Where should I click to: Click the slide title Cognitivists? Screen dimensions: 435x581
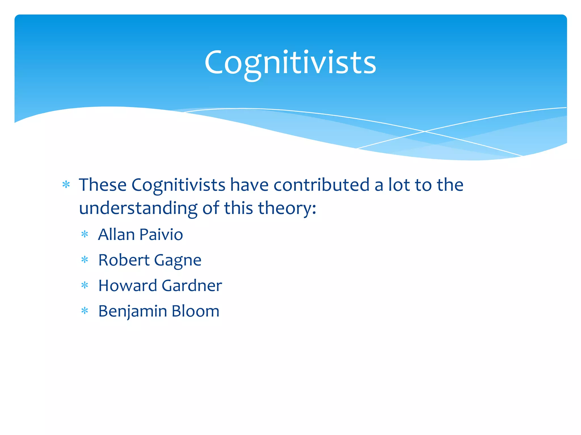(x=290, y=63)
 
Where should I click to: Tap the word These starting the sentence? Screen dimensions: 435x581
(x=102, y=185)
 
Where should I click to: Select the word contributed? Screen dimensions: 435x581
(x=321, y=185)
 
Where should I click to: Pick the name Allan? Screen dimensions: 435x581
(x=116, y=235)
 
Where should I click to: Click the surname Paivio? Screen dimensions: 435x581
(x=161, y=235)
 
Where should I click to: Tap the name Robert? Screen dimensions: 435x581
(x=124, y=260)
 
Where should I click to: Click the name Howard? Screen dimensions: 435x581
(x=127, y=285)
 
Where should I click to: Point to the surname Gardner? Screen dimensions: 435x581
(x=192, y=285)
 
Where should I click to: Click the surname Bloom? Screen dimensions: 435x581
(x=195, y=311)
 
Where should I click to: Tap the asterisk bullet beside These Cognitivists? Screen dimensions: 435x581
(x=66, y=185)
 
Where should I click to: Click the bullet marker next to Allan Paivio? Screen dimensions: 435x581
(x=85, y=234)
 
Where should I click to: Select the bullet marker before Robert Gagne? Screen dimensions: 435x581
(x=85, y=260)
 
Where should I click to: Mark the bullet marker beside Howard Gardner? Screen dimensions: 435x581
(x=85, y=285)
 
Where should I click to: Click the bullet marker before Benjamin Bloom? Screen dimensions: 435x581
(x=85, y=311)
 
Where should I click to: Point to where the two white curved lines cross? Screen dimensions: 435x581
(x=425, y=131)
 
